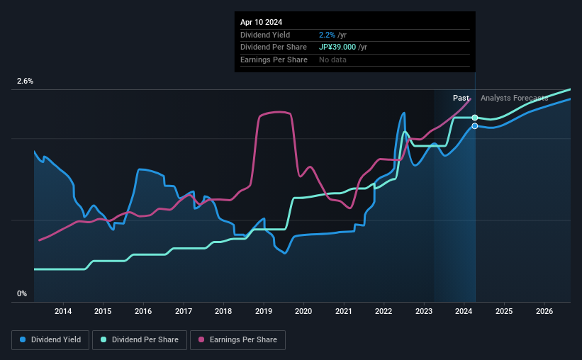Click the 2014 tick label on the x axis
coord(63,311)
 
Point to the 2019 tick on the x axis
coord(264,311)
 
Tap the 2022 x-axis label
coord(384,311)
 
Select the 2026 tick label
coord(544,311)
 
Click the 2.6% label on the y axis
coord(25,81)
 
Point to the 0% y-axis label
coord(22,293)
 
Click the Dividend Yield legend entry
coord(50,340)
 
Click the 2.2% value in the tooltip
coord(327,34)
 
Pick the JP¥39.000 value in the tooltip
coord(342,47)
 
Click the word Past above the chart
coord(461,98)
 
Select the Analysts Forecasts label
coord(514,98)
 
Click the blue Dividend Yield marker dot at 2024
coord(475,126)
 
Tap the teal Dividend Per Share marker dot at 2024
coord(475,118)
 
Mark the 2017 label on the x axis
coord(184,311)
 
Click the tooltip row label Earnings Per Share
coord(274,60)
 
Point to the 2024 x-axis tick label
coord(464,311)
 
